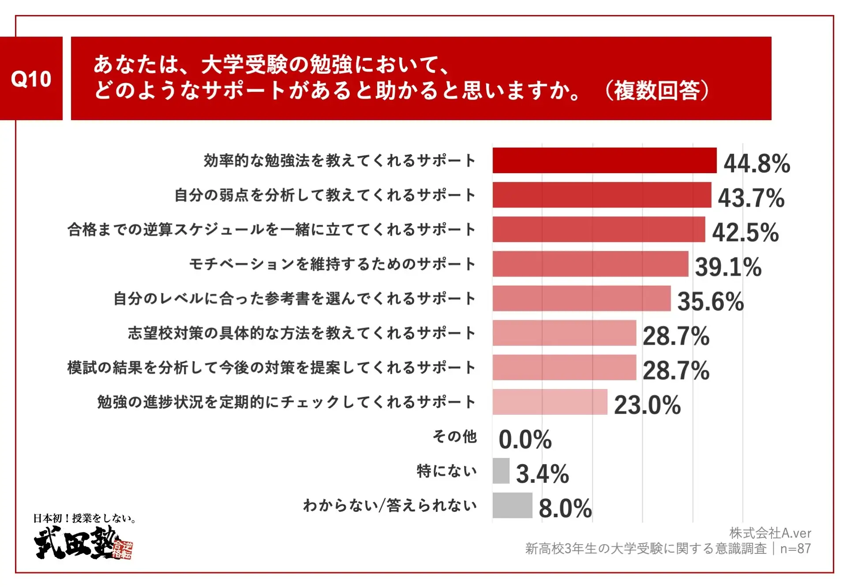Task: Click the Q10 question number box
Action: click(x=31, y=78)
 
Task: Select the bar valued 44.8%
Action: click(x=604, y=160)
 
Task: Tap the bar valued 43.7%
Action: click(x=602, y=195)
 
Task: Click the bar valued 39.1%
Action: click(x=590, y=264)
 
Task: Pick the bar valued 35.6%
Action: click(x=581, y=298)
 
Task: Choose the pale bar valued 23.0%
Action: click(x=550, y=401)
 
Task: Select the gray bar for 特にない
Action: click(x=501, y=470)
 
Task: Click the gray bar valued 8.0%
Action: click(x=512, y=505)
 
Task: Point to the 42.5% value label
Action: click(x=745, y=232)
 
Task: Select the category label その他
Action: click(x=454, y=436)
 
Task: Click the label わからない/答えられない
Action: click(x=390, y=505)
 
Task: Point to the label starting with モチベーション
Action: click(x=332, y=264)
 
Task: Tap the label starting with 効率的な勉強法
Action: click(x=339, y=160)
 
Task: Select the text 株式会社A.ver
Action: click(x=770, y=533)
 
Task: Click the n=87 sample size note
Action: click(x=795, y=549)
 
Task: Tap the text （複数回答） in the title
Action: click(x=656, y=91)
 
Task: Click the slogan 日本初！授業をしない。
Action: click(x=85, y=518)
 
